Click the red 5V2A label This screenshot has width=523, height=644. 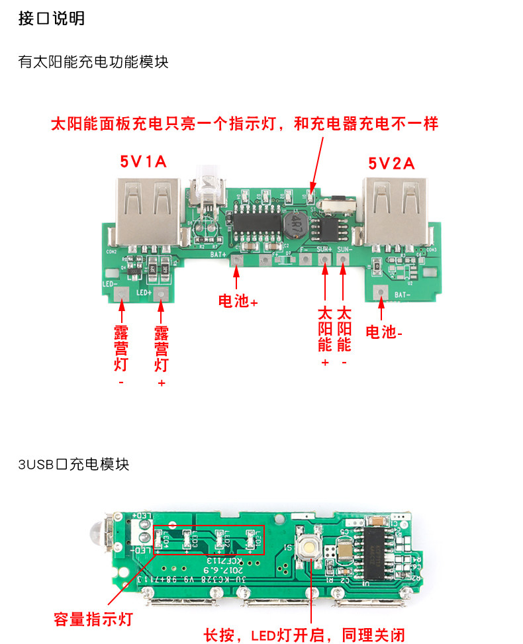[391, 163]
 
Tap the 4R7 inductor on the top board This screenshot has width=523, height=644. [295, 227]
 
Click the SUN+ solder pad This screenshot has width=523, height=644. [324, 259]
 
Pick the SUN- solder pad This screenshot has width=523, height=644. [343, 259]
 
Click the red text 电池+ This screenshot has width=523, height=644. [238, 301]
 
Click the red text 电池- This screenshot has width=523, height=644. [384, 332]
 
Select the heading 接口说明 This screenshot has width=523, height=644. [52, 19]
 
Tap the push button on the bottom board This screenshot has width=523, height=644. [309, 549]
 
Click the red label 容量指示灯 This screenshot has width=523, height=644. [93, 620]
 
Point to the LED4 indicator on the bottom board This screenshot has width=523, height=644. [159, 540]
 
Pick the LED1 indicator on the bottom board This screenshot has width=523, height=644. [250, 541]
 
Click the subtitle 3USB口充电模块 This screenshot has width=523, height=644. [73, 464]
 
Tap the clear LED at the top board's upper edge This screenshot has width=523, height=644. [204, 185]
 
